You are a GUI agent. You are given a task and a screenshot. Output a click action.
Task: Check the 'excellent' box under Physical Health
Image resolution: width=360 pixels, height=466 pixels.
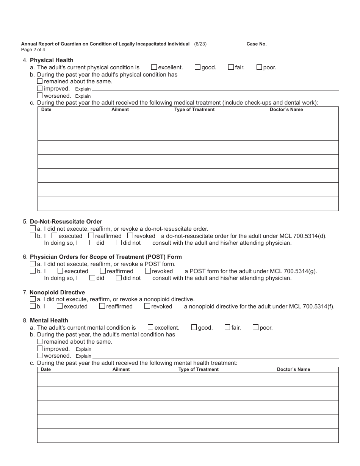click(x=154, y=67)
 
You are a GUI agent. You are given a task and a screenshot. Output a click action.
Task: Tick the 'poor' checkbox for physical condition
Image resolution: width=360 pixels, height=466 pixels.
click(x=259, y=67)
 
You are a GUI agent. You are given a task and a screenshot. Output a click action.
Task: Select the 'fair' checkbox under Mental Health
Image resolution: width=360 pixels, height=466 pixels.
click(x=227, y=327)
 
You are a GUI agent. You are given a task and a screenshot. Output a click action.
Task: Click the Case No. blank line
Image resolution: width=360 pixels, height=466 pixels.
click(x=303, y=44)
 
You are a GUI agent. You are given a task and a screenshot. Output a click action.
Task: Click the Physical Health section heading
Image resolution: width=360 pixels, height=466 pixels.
click(x=52, y=60)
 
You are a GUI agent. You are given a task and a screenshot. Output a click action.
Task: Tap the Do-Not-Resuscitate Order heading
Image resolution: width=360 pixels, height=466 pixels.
click(x=66, y=222)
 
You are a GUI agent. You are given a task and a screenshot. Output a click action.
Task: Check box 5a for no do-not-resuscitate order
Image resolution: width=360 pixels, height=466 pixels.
click(x=33, y=229)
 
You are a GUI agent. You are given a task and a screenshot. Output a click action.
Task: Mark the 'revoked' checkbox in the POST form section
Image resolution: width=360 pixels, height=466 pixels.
click(x=148, y=271)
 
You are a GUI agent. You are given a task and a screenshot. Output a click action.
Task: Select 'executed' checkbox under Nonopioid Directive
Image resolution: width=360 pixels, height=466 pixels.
click(x=59, y=306)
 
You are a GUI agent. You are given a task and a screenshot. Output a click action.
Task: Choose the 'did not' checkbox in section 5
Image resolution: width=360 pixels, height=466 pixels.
click(x=119, y=242)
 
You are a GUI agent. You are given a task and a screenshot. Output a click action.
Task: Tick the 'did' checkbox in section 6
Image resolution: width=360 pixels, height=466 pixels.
click(x=92, y=278)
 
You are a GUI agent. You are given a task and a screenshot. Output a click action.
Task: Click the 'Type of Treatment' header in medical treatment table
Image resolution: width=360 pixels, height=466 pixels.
click(x=194, y=109)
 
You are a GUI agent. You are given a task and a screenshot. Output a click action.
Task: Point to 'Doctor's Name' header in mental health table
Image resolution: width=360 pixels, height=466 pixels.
click(x=293, y=369)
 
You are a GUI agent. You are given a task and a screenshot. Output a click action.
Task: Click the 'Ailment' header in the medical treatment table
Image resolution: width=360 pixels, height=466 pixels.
click(x=120, y=109)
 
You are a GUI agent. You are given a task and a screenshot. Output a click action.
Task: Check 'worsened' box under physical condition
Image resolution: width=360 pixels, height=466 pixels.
click(x=40, y=95)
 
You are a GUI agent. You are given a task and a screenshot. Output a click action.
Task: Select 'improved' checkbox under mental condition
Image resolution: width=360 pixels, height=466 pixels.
click(x=40, y=349)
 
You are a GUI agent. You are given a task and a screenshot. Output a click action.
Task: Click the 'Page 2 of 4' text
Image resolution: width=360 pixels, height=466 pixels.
click(x=33, y=49)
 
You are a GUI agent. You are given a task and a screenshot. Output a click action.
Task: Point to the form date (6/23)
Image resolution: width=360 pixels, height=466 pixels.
click(x=200, y=44)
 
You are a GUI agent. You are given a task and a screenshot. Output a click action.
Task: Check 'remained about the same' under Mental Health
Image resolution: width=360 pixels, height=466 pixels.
click(x=40, y=341)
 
